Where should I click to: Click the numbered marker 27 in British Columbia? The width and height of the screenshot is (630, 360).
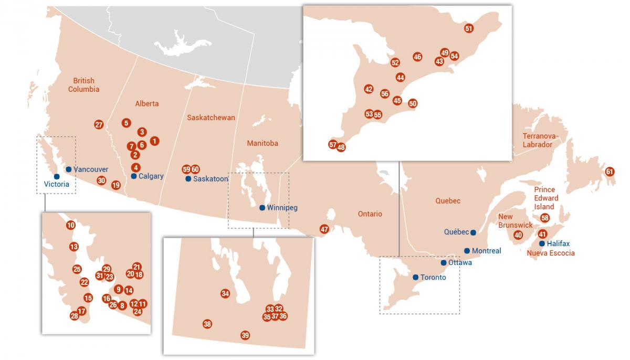[x=99, y=124]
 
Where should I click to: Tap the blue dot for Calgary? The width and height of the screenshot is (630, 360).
[x=134, y=176]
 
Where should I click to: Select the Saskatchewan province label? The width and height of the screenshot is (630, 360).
[x=211, y=118]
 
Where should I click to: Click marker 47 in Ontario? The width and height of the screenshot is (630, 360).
[x=324, y=229]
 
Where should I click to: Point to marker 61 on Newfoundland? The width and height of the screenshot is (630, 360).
[x=610, y=172]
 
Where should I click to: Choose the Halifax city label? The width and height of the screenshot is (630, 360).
[x=558, y=243]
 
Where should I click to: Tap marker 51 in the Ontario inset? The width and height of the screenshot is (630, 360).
[x=469, y=28]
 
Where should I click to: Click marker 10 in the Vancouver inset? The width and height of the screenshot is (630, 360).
[x=71, y=225]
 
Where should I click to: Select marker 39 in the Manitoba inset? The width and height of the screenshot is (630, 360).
[x=245, y=335]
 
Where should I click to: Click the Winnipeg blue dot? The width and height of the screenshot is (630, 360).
[x=262, y=208]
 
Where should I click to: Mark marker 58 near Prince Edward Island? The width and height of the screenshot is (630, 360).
[x=545, y=218]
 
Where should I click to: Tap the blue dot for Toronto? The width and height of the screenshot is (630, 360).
[x=415, y=277]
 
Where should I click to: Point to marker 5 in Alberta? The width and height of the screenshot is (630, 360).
[x=126, y=123]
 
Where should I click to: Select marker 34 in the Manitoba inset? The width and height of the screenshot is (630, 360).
[x=225, y=293]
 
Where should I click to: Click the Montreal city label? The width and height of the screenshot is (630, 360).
[x=487, y=251]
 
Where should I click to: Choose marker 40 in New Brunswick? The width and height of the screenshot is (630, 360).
[x=518, y=235]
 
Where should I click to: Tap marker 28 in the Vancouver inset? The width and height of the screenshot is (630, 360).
[x=74, y=316]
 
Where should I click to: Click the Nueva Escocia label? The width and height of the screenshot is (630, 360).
[x=551, y=253]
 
